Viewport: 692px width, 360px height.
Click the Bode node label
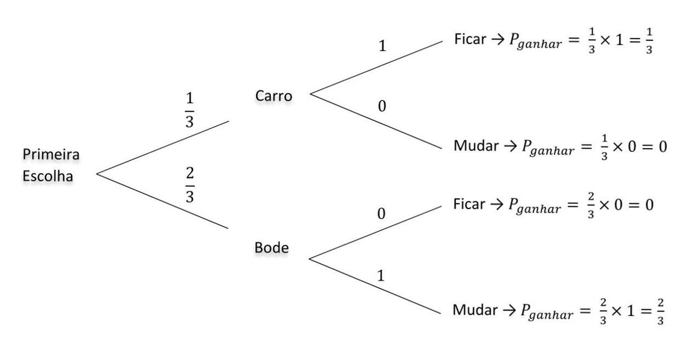(271, 248)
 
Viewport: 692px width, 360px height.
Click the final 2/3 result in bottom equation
(660, 311)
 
